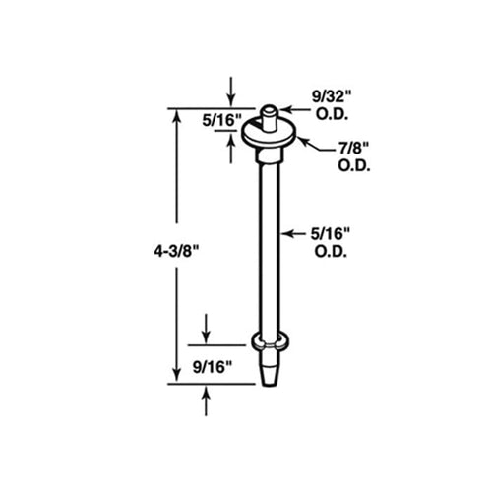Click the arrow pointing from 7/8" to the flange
pyautogui.click(x=306, y=144)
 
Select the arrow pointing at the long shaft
pyautogui.click(x=286, y=234)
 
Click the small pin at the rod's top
pyautogui.click(x=269, y=107)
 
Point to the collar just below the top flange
pyautogui.click(x=269, y=151)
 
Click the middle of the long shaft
pyautogui.click(x=269, y=246)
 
